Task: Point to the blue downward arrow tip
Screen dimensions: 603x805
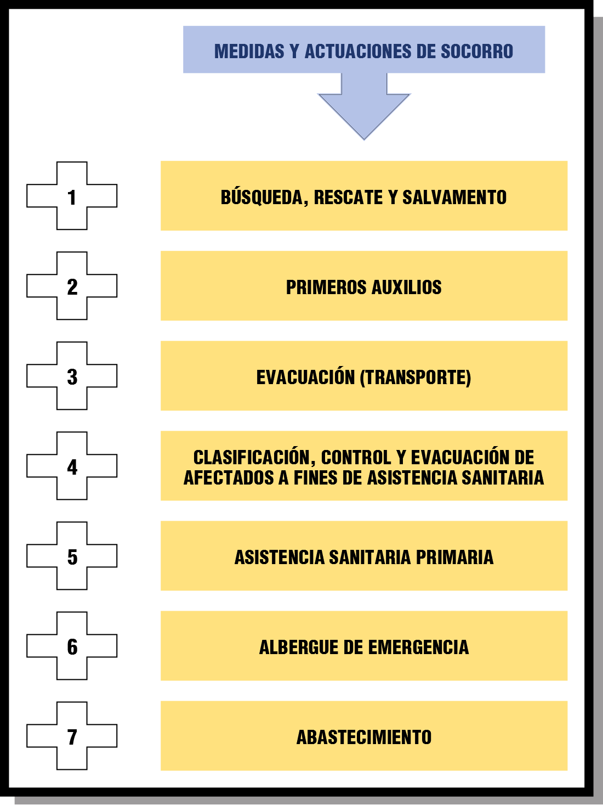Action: (x=364, y=139)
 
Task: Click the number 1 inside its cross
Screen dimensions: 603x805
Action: (x=72, y=198)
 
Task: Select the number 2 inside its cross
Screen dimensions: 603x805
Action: (x=72, y=287)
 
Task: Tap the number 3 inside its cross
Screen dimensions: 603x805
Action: (x=72, y=377)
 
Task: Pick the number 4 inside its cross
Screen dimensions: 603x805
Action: (x=72, y=467)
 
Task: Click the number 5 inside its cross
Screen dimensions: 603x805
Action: (x=72, y=557)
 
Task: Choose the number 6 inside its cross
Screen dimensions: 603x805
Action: (x=72, y=647)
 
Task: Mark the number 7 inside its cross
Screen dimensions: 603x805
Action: (x=72, y=737)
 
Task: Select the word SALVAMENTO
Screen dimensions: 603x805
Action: (x=454, y=198)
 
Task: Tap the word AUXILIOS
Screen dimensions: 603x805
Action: (x=407, y=287)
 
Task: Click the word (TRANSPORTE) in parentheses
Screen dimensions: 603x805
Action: (x=416, y=378)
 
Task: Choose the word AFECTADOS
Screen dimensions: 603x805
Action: (x=229, y=477)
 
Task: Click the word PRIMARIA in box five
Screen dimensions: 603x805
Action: (x=454, y=557)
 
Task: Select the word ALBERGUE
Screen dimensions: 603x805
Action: (x=299, y=647)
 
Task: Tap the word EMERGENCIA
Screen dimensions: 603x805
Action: (x=418, y=647)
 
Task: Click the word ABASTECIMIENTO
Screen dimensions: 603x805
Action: (x=364, y=737)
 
